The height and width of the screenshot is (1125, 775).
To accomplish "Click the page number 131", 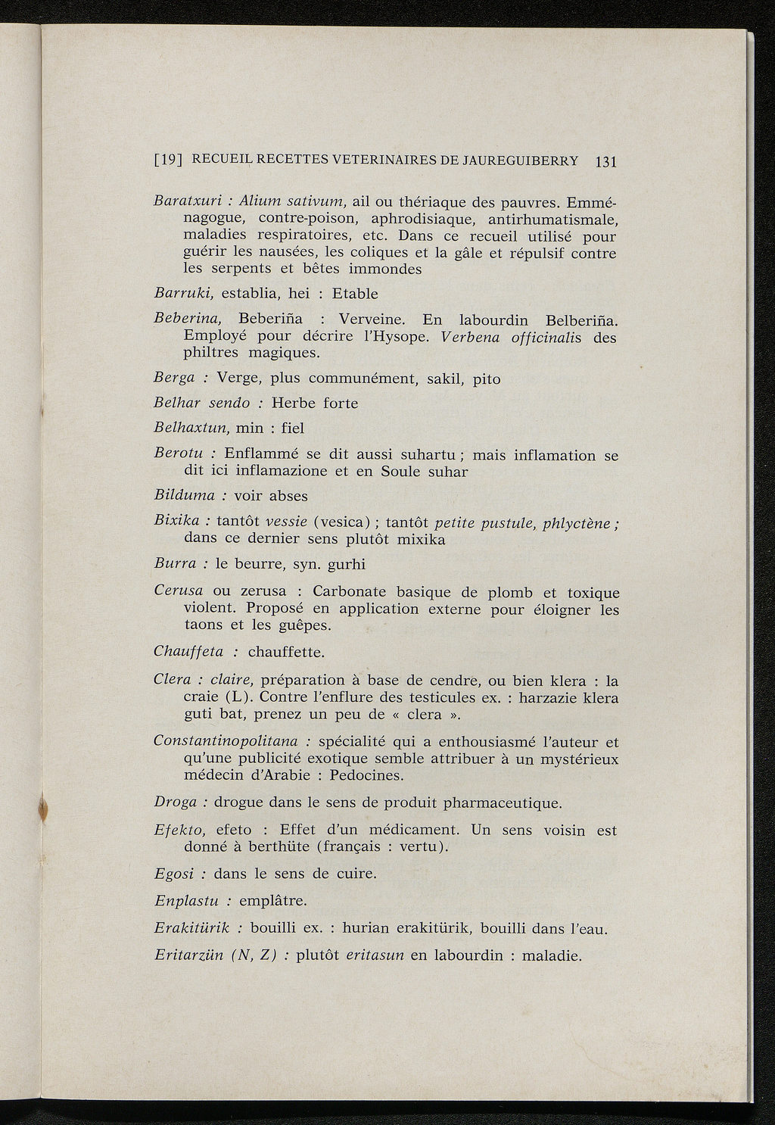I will point(606,161).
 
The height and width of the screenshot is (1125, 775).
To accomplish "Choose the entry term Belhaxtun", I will point(190,428).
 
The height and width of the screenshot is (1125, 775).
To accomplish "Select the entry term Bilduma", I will point(185,496).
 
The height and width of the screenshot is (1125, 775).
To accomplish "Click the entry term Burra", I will point(175,564).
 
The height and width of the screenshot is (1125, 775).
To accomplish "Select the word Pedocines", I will point(366,775).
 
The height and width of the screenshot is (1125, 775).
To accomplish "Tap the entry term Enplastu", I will point(186,901).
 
